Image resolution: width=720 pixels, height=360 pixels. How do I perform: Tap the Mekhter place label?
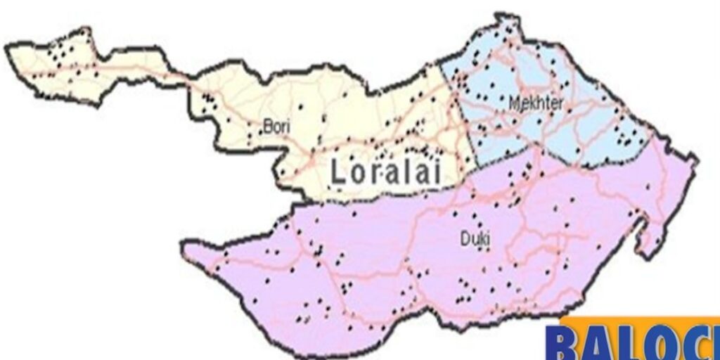coord(536,103)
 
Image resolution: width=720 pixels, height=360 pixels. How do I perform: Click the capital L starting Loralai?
coord(339,172)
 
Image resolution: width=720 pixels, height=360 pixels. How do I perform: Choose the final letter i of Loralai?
coord(437,171)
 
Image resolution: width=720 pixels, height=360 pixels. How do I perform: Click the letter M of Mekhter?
coord(513,103)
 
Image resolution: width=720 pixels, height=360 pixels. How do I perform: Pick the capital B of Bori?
coord(266,127)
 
